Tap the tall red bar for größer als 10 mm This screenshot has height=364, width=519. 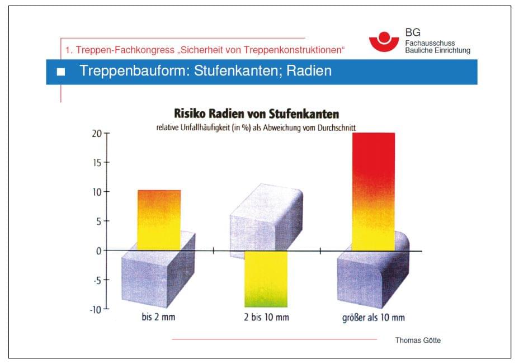point(374,190)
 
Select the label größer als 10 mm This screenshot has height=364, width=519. point(373,318)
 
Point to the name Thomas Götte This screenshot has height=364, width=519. point(418,340)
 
